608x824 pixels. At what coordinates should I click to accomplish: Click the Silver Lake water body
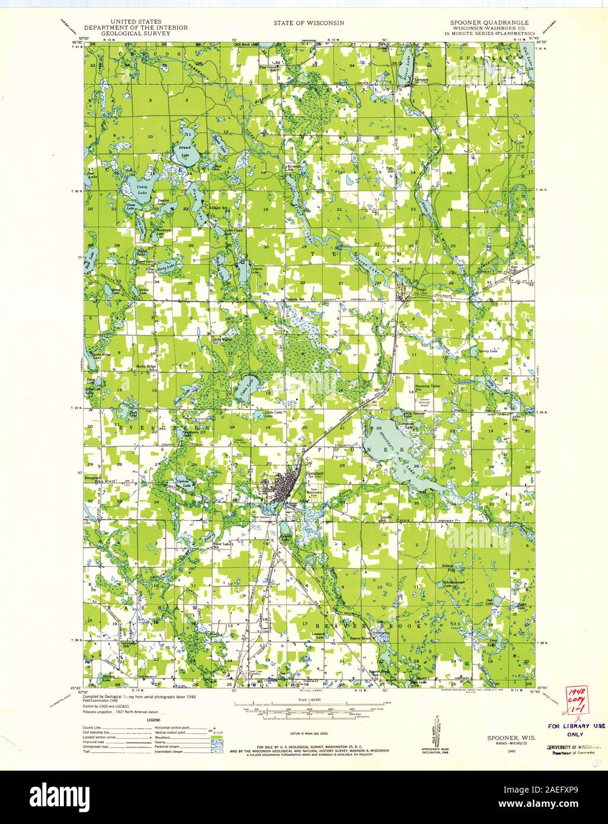tap(407, 59)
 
